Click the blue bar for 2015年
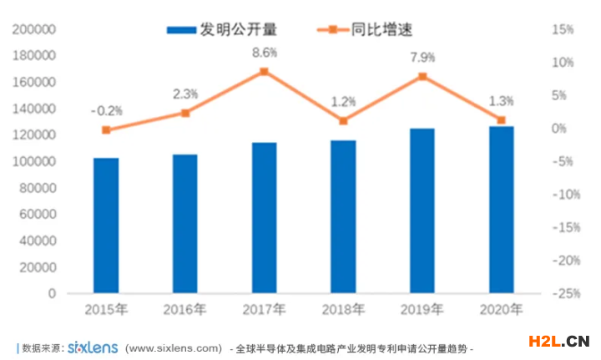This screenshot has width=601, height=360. tap(106, 226)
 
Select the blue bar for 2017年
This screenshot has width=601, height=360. tap(265, 218)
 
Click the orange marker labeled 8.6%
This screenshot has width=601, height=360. tap(265, 72)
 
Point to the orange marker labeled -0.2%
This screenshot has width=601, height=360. tap(106, 129)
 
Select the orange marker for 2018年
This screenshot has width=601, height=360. tap(343, 121)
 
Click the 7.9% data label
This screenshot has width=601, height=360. tap(422, 58)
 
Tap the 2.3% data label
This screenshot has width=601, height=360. tap(185, 94)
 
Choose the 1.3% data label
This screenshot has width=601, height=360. tap(502, 101)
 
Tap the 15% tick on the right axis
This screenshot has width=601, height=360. tap(563, 30)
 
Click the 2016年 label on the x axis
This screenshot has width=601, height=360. tap(185, 310)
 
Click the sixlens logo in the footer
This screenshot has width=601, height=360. tap(93, 347)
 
